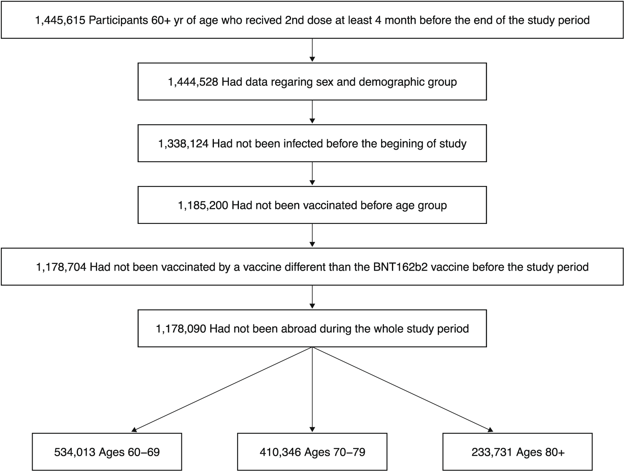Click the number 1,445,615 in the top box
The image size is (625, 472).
(x=60, y=20)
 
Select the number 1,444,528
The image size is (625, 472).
(x=193, y=82)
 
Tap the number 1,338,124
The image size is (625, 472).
(x=183, y=144)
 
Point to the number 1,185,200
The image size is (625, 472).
(x=203, y=206)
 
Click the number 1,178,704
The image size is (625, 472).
(x=61, y=267)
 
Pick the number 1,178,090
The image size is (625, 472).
(x=181, y=329)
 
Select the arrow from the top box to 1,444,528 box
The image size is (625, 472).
(x=312, y=50)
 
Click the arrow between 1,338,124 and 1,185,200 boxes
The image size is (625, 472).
(x=312, y=173)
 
